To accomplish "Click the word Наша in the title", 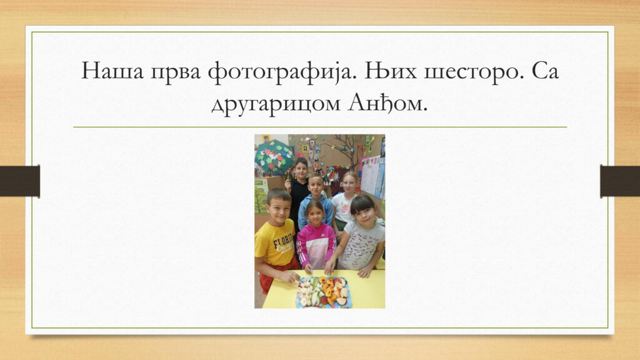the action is [x=112, y=71].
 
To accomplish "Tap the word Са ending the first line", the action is [x=545, y=71].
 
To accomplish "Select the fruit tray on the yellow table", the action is [x=324, y=292].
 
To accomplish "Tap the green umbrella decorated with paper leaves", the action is [x=274, y=157].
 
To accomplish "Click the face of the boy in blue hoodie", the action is [x=316, y=186].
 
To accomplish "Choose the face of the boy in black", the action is [x=301, y=168].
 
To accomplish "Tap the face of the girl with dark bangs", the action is [x=364, y=215].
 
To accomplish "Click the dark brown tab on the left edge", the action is [x=19, y=181].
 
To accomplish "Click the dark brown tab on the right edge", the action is [x=620, y=181].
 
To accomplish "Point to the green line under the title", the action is [x=320, y=127].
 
